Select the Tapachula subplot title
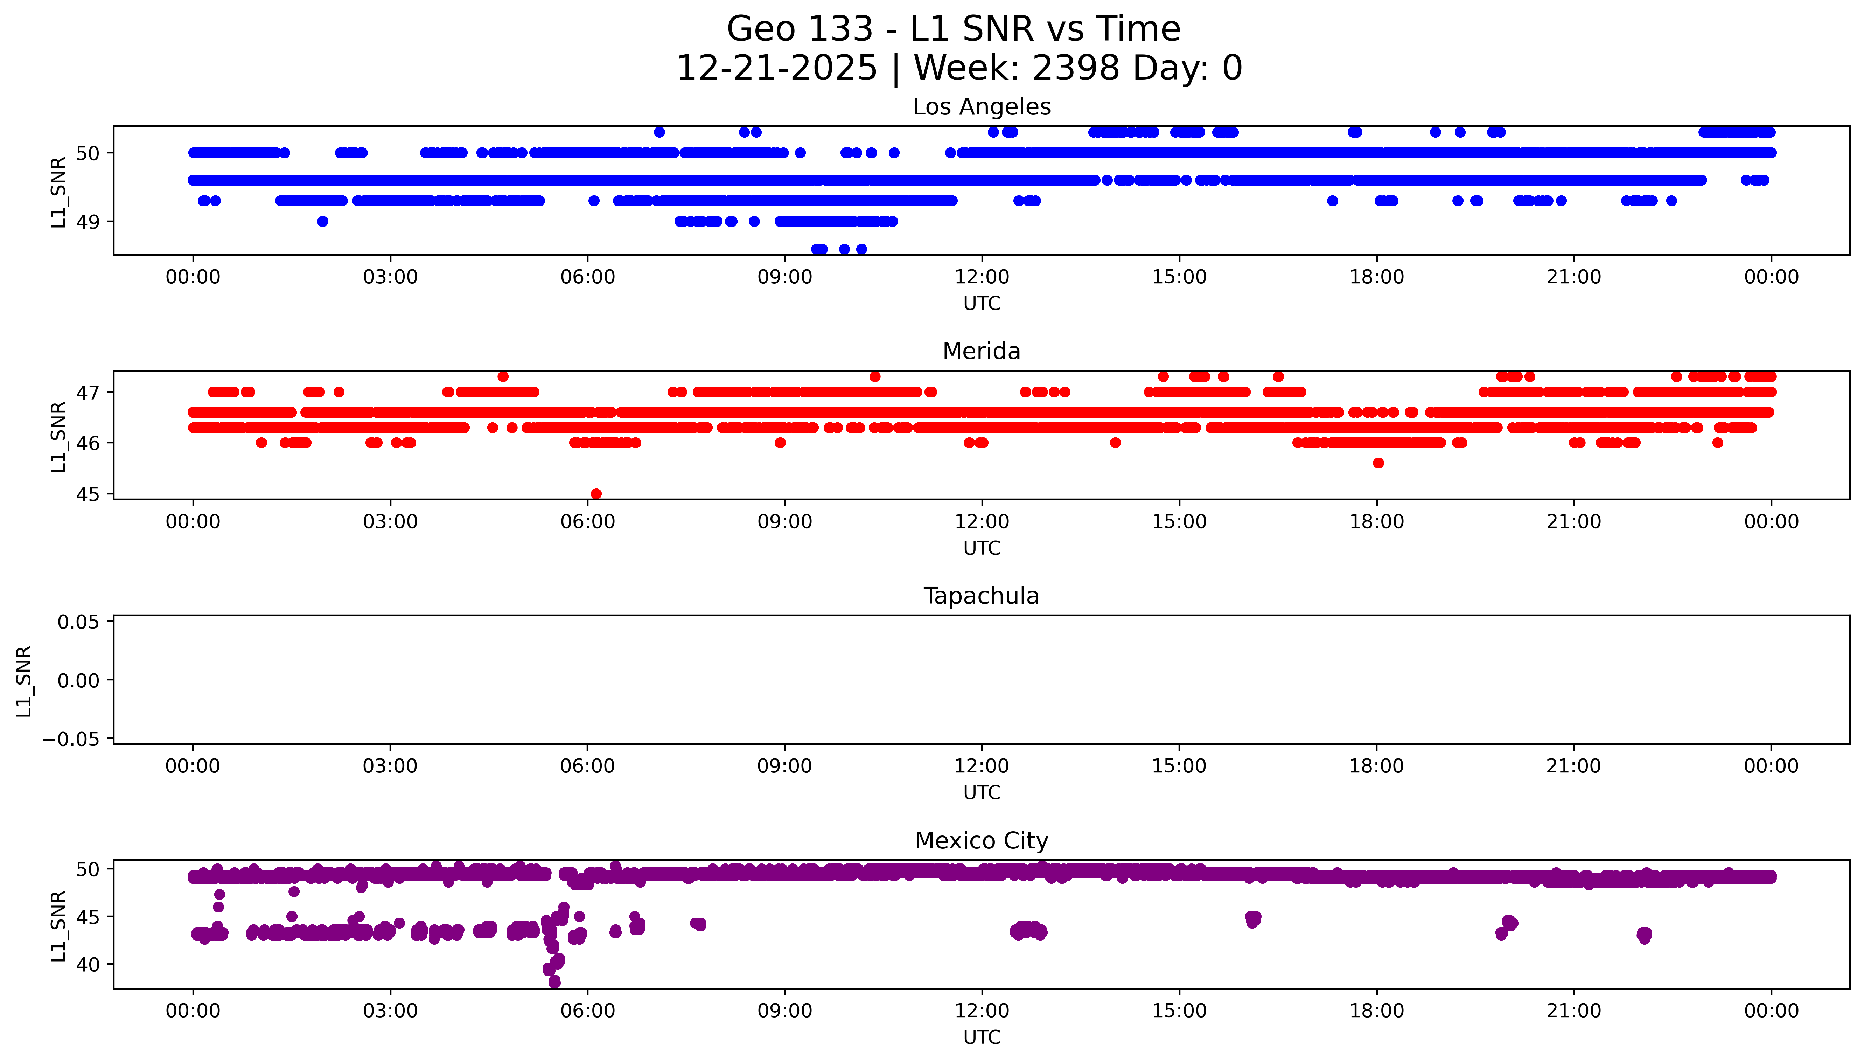(981, 596)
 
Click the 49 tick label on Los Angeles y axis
(88, 222)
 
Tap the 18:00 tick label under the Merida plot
(1376, 521)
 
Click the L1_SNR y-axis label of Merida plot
(58, 436)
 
